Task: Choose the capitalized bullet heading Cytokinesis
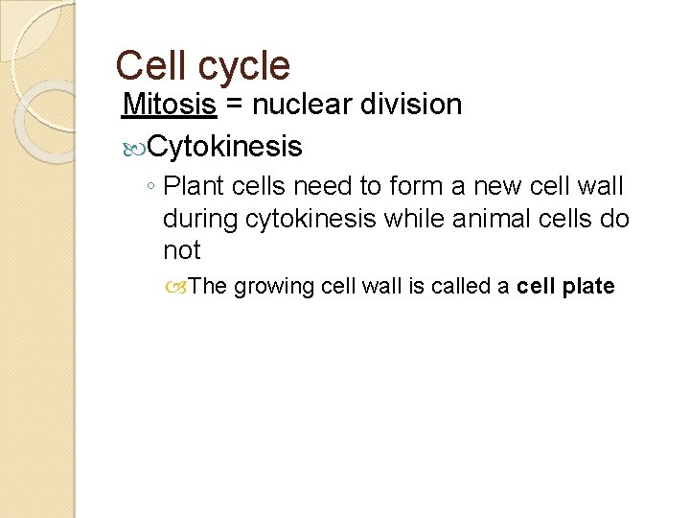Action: click(x=226, y=147)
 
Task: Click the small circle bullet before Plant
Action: click(x=153, y=186)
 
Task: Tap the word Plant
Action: click(x=195, y=185)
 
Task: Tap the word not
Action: click(x=181, y=250)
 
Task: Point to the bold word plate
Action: click(x=587, y=287)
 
